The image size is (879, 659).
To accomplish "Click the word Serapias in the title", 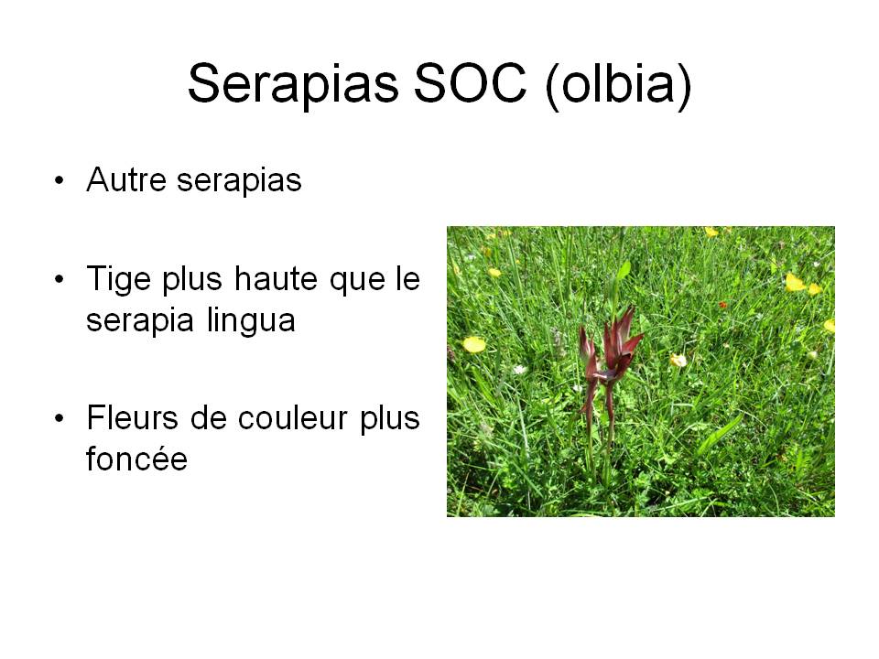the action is pyautogui.click(x=293, y=84).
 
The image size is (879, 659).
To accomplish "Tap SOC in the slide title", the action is pyautogui.click(x=471, y=83).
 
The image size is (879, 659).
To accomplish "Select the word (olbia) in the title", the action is pyautogui.click(x=618, y=85).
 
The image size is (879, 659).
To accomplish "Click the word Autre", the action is pyautogui.click(x=126, y=180).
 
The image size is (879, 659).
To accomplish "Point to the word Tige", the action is pyautogui.click(x=119, y=280).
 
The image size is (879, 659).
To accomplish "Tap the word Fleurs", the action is pyautogui.click(x=132, y=418).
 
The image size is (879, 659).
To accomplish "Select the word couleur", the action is pyautogui.click(x=293, y=418).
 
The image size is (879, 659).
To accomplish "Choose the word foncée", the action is pyautogui.click(x=136, y=459).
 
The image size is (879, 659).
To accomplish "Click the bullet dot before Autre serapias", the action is pyautogui.click(x=60, y=180).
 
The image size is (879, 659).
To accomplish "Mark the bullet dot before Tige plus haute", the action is pyautogui.click(x=60, y=278).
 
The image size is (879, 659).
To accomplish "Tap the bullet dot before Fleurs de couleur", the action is pyautogui.click(x=60, y=418).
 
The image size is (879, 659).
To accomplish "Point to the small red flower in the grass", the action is pyautogui.click(x=722, y=305).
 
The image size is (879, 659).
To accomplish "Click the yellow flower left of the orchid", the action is pyautogui.click(x=474, y=344).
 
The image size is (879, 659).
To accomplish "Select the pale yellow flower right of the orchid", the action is pyautogui.click(x=678, y=360).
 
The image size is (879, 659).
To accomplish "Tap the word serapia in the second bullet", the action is pyautogui.click(x=140, y=320).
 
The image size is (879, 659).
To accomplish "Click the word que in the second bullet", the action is pyautogui.click(x=358, y=281).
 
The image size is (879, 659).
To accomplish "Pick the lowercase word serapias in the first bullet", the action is pyautogui.click(x=239, y=181).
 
